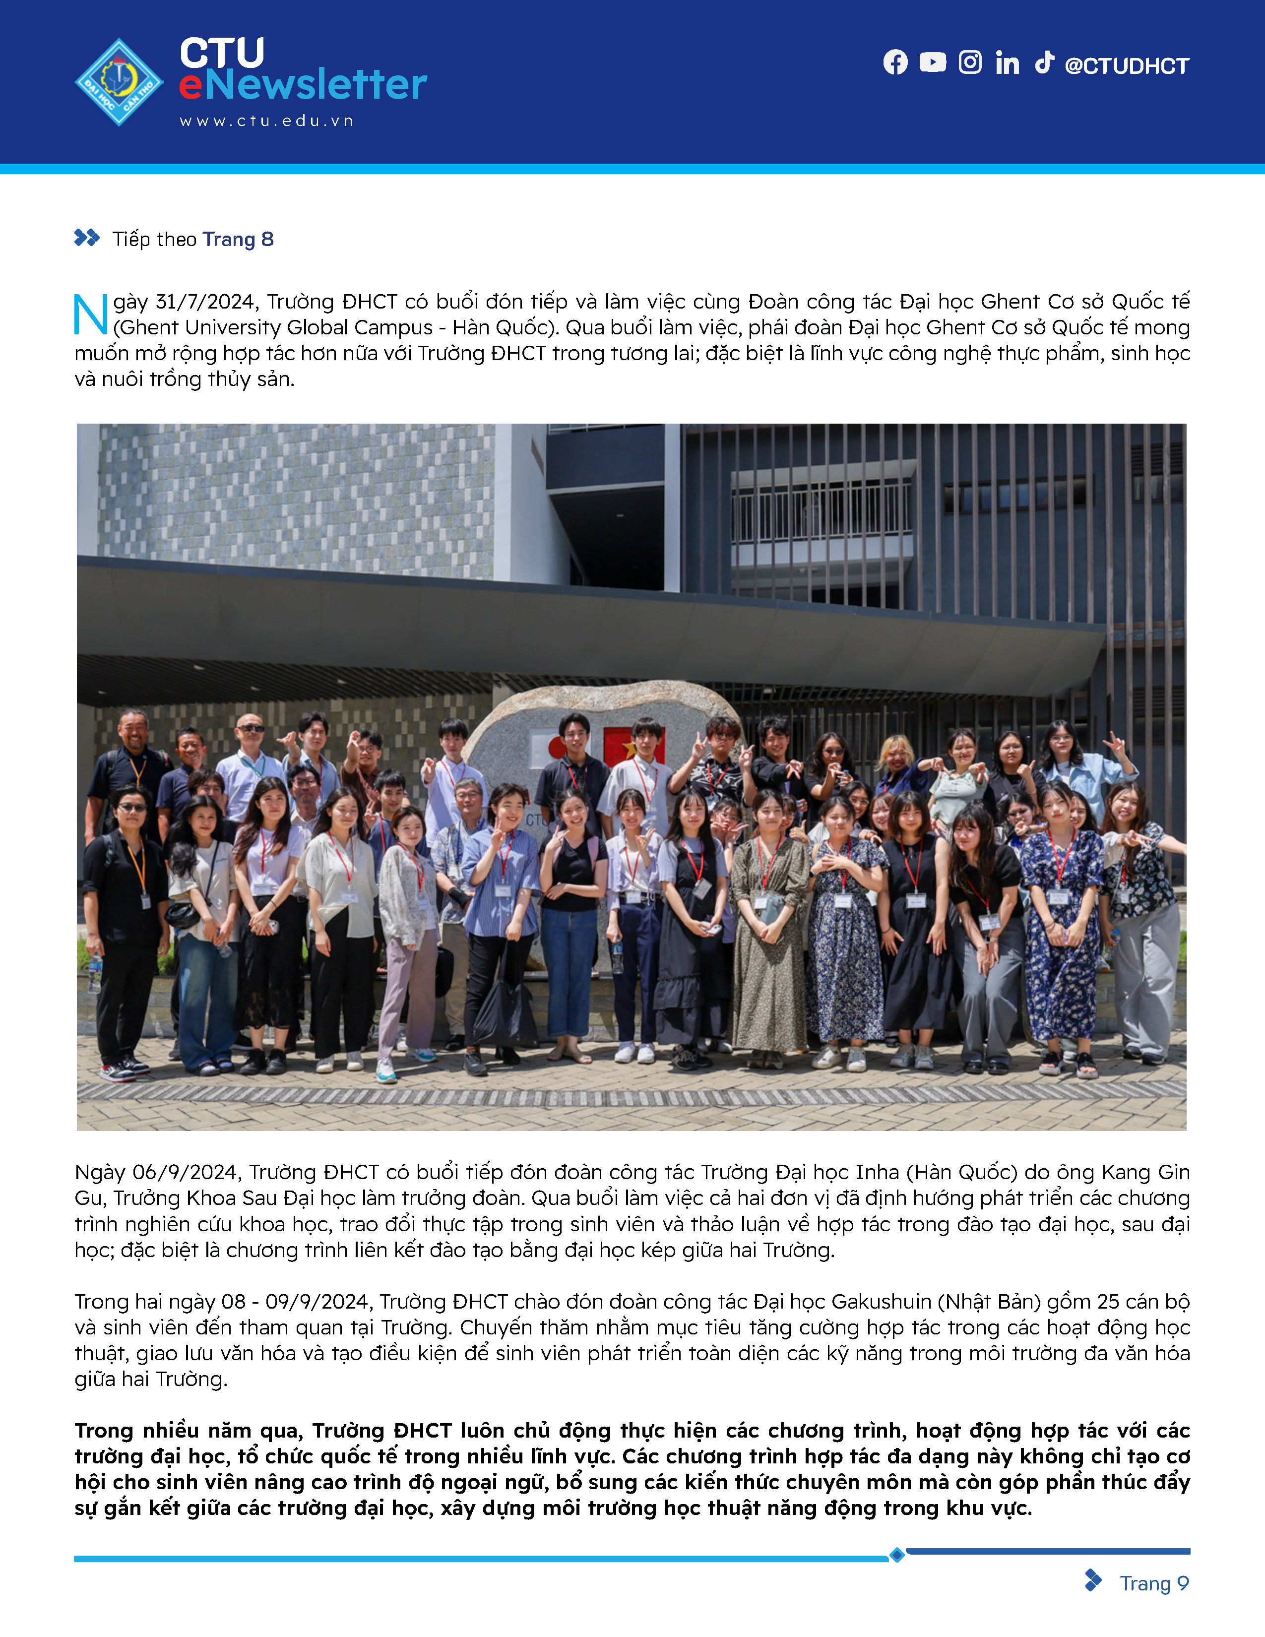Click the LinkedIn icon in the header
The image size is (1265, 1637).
1007,63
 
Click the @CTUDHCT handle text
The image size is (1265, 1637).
1127,66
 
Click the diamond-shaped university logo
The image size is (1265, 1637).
119,82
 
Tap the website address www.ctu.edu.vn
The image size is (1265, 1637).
266,121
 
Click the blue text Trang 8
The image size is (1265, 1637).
238,239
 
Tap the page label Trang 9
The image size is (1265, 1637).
1153,1583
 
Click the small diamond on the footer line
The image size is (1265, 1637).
897,1555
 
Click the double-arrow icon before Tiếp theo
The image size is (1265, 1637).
87,238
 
